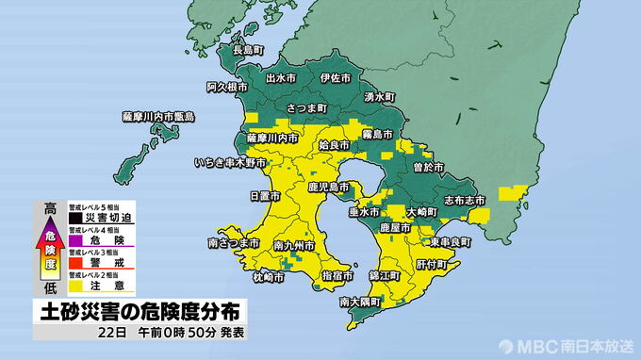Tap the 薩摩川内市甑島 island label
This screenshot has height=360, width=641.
tap(157, 117)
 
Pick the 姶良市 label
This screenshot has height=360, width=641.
tap(335, 146)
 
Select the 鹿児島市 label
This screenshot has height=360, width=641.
tap(329, 188)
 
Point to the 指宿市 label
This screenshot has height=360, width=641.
tap(337, 274)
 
